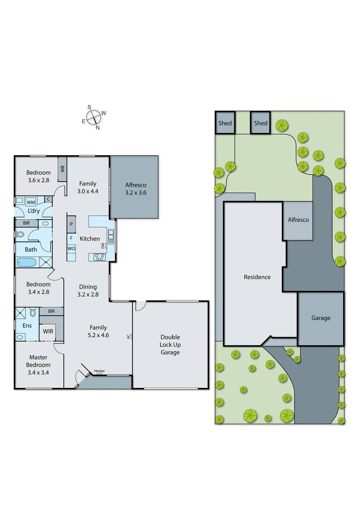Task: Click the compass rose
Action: click(94, 117)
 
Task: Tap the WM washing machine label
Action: click(31, 202)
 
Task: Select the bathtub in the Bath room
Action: click(27, 262)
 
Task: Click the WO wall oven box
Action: click(71, 249)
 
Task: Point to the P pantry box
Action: click(71, 224)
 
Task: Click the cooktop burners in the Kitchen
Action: click(99, 257)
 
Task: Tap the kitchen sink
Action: click(111, 237)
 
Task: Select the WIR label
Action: click(48, 331)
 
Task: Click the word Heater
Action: click(99, 371)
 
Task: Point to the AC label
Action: click(128, 337)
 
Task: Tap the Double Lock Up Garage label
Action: click(170, 344)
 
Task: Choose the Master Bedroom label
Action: click(38, 365)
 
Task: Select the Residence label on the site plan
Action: click(257, 277)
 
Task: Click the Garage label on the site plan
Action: click(321, 318)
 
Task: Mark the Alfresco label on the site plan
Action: click(298, 220)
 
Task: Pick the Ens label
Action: click(27, 325)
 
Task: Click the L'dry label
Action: click(34, 211)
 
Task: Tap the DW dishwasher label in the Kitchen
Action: click(103, 245)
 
